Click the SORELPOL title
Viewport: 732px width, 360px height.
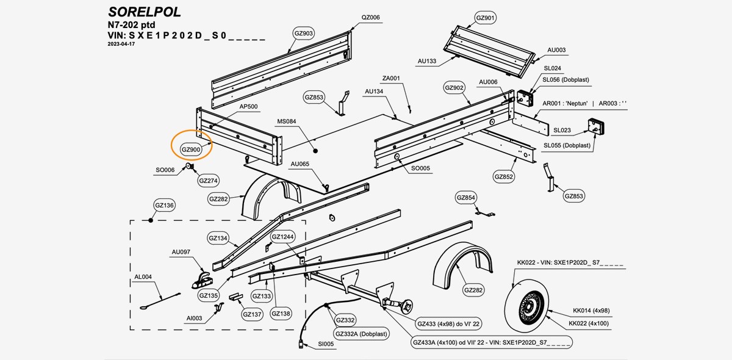tap(144, 12)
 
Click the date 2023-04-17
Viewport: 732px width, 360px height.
tap(121, 45)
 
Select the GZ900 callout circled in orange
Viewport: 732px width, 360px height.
tap(192, 149)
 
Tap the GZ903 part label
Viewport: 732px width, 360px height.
tap(304, 33)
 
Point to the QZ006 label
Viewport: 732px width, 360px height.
tap(370, 17)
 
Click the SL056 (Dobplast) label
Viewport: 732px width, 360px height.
tap(565, 80)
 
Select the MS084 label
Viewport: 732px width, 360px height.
tap(286, 121)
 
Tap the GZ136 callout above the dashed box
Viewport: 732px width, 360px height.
tap(165, 206)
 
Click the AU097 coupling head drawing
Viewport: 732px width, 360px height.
tap(203, 281)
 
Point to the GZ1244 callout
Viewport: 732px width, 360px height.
tap(282, 237)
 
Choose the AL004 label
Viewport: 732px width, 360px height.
tap(143, 276)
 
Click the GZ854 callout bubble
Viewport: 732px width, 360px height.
tap(465, 197)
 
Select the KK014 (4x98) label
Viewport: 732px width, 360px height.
tap(591, 311)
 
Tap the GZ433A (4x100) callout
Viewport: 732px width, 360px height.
tap(491, 342)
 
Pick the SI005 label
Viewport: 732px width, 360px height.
tap(326, 344)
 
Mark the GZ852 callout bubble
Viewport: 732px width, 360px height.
tap(504, 177)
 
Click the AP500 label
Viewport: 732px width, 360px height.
tap(248, 106)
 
